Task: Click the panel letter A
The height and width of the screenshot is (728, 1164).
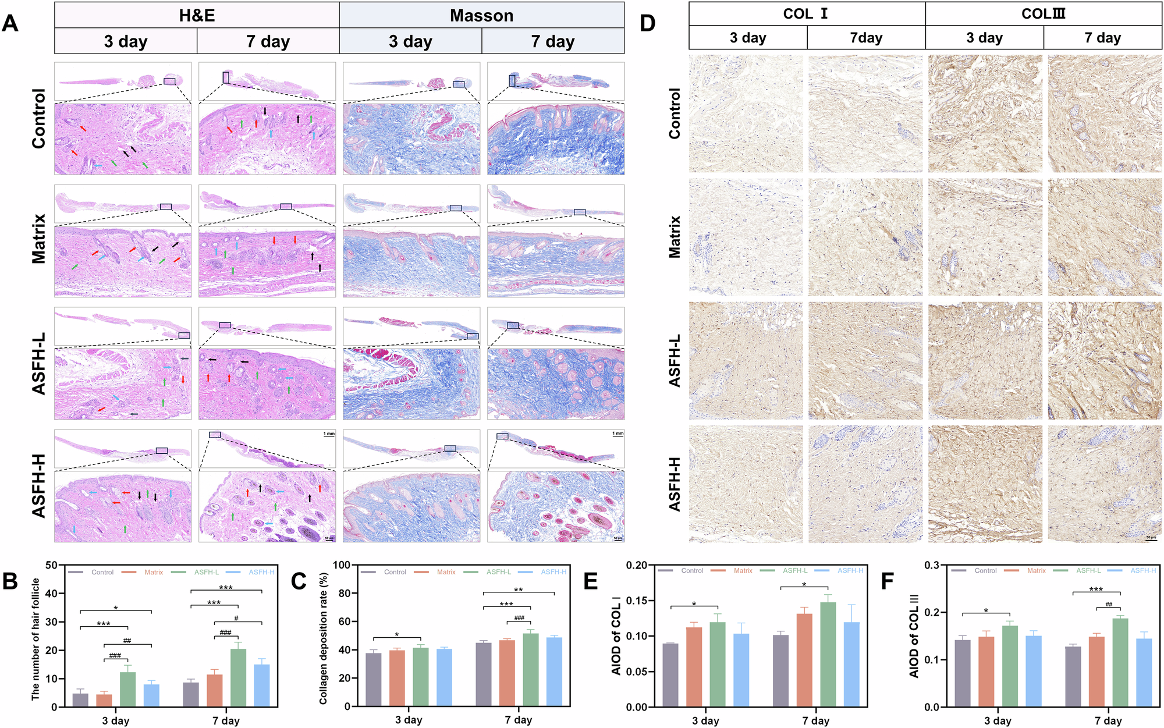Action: coord(10,23)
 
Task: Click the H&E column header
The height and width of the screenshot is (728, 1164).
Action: coord(197,15)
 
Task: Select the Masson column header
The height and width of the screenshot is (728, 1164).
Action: coord(481,15)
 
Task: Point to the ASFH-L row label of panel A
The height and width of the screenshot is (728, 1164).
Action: coord(38,364)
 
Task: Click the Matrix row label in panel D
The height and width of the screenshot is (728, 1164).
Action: coord(675,237)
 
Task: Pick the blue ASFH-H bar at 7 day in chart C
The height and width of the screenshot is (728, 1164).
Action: coord(554,672)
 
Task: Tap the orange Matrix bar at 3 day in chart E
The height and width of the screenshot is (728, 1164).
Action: coord(694,667)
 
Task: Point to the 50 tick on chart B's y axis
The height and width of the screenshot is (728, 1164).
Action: coord(52,565)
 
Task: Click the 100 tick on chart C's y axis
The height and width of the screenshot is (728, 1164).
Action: coord(342,565)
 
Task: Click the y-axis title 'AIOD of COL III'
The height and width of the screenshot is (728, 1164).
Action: coord(914,635)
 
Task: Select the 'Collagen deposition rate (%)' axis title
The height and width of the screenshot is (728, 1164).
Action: coord(324,638)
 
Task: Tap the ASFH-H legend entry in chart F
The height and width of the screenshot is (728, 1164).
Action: coord(1143,571)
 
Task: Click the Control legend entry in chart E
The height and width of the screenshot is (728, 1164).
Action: coord(692,571)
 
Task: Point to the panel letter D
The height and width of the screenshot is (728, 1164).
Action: coord(647,23)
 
